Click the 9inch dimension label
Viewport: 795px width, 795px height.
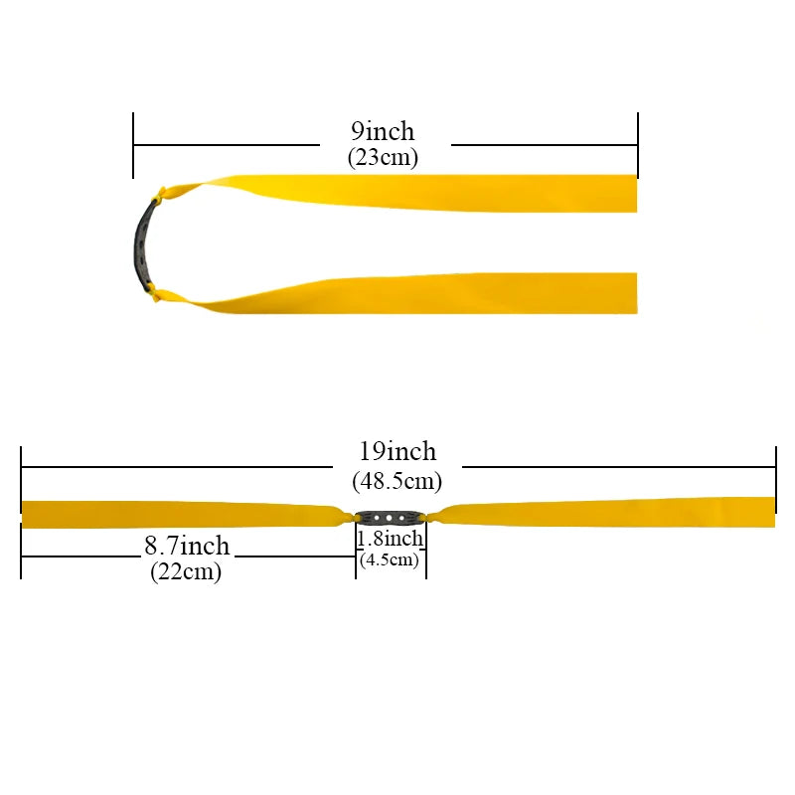tap(383, 131)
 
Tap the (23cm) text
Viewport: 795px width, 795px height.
tap(383, 157)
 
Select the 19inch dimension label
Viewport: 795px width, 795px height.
tap(397, 451)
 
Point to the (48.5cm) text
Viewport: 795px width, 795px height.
tap(397, 481)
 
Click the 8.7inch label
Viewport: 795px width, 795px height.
tap(187, 546)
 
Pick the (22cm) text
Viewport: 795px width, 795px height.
tap(186, 572)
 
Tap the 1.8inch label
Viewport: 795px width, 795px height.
tap(390, 539)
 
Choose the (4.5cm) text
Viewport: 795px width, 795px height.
tap(390, 559)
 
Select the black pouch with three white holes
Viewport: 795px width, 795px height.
tap(390, 518)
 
